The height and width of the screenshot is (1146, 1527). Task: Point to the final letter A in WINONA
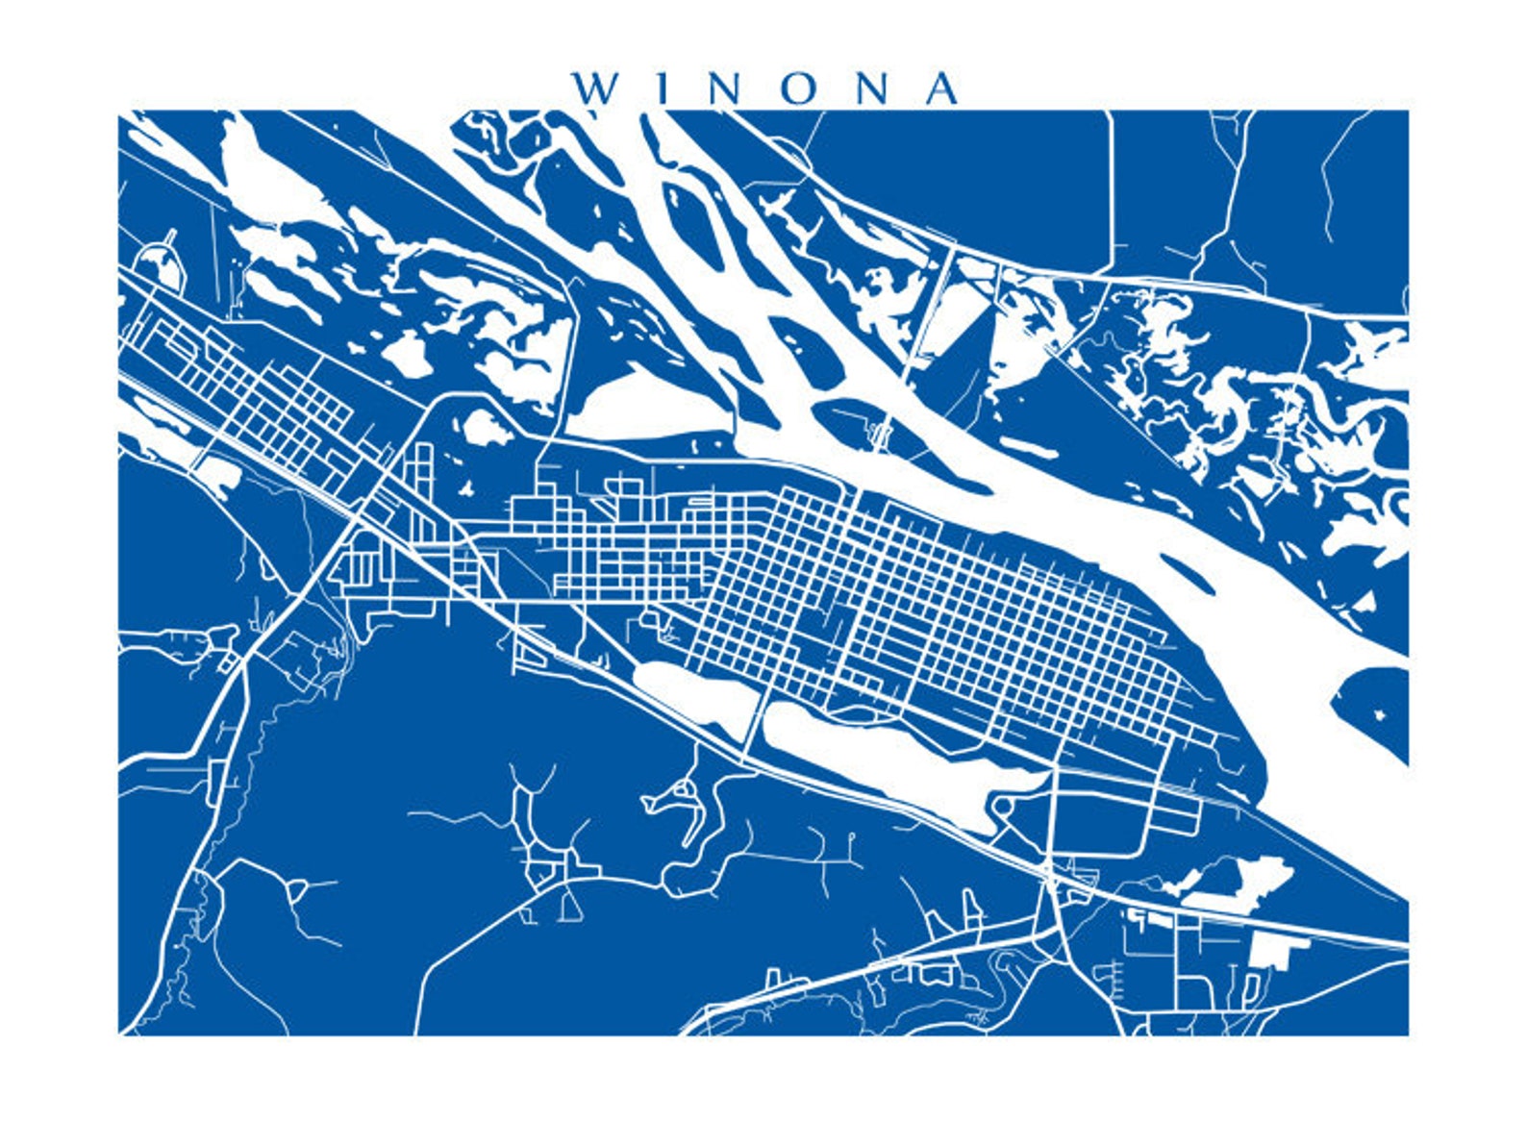tap(939, 88)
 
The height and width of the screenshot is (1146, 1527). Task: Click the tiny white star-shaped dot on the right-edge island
tap(1382, 714)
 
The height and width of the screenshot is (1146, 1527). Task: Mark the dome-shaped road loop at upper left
tap(161, 262)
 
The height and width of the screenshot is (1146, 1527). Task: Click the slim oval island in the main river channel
tap(1189, 573)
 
